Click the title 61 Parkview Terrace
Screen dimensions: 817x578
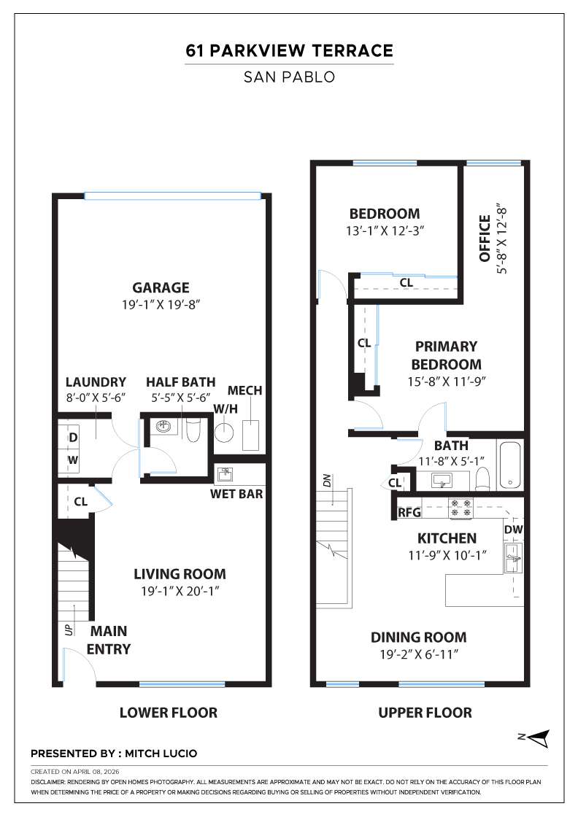(x=289, y=50)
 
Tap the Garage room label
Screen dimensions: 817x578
(x=161, y=287)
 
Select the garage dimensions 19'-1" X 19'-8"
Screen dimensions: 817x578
(x=161, y=304)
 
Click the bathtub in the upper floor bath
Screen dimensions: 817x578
(x=509, y=465)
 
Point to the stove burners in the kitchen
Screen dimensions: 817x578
(x=460, y=508)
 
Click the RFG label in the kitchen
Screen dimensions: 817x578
(x=410, y=513)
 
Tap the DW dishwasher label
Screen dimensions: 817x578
(x=513, y=529)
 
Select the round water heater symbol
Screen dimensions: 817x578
(x=225, y=433)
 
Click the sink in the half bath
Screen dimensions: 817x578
(x=164, y=427)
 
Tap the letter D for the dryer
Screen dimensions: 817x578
(x=73, y=438)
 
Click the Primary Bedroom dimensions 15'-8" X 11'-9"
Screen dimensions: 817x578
(x=446, y=380)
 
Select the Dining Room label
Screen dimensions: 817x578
(x=418, y=637)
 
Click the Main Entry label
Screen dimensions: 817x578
(x=109, y=639)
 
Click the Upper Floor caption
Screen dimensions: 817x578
(x=425, y=712)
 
